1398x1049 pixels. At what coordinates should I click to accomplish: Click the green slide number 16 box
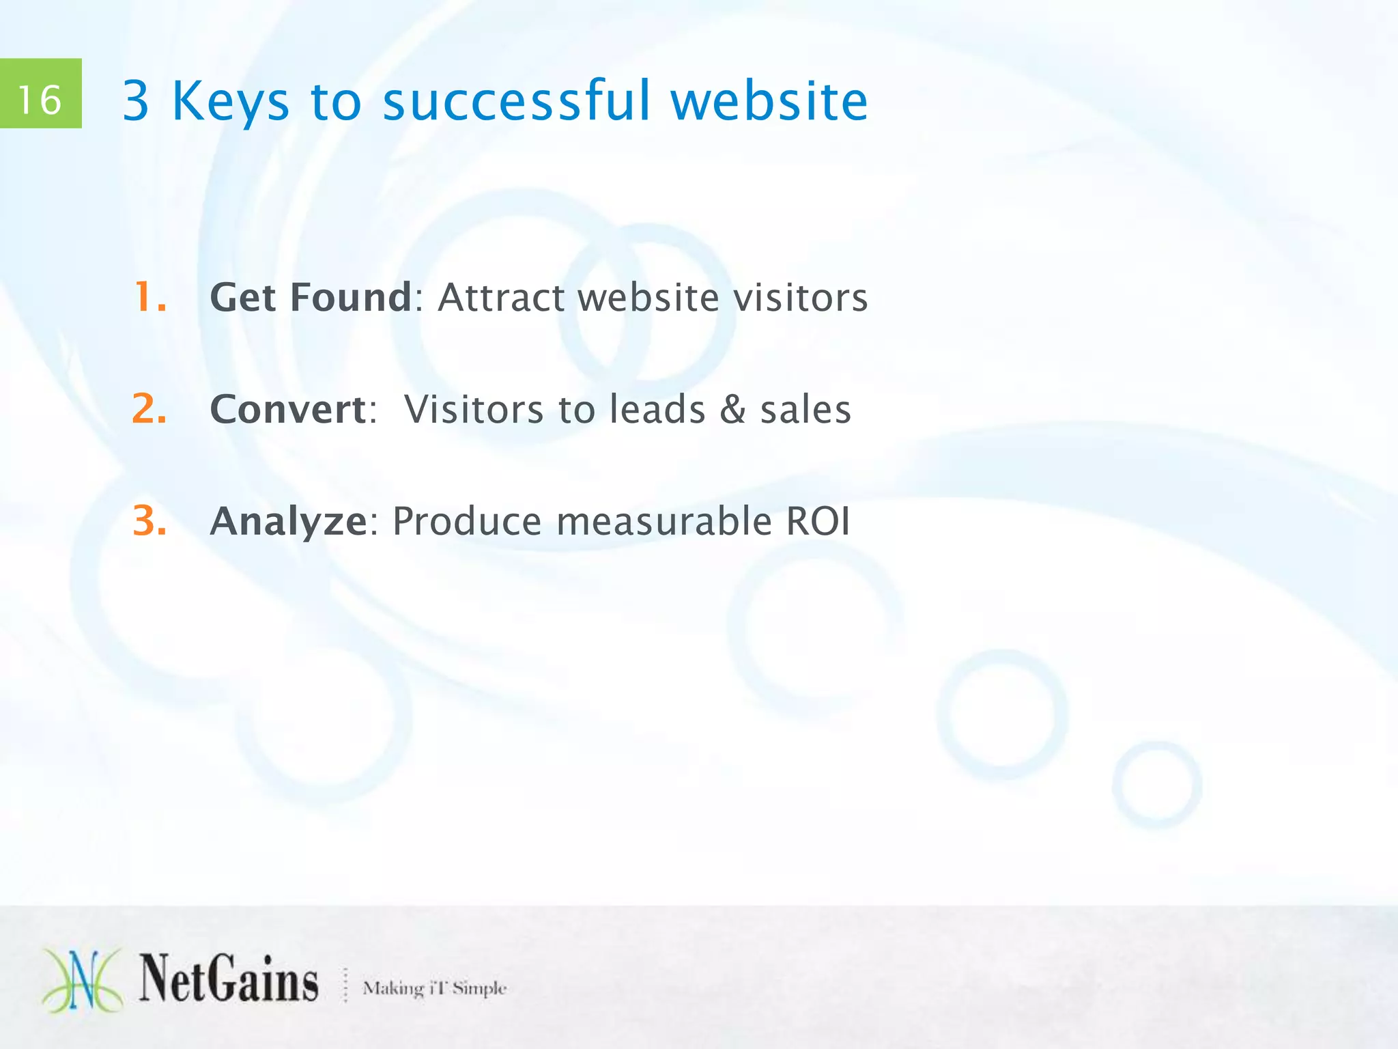coord(40,94)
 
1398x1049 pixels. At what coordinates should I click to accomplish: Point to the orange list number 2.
coord(149,409)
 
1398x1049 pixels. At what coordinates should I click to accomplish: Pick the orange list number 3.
coord(149,521)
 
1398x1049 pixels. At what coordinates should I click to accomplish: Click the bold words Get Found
coord(311,298)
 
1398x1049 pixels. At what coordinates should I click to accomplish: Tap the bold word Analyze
coord(289,522)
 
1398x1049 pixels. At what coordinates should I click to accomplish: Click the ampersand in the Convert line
coord(733,409)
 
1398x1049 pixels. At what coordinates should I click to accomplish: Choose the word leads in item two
coord(657,409)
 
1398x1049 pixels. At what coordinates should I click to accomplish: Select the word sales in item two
coord(805,409)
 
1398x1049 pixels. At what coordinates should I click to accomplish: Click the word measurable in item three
coord(664,521)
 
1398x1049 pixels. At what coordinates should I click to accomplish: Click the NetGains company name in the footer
coord(229,980)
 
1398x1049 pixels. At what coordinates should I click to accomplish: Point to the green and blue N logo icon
coord(83,980)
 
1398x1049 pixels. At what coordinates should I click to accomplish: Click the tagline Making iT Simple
coord(434,988)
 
